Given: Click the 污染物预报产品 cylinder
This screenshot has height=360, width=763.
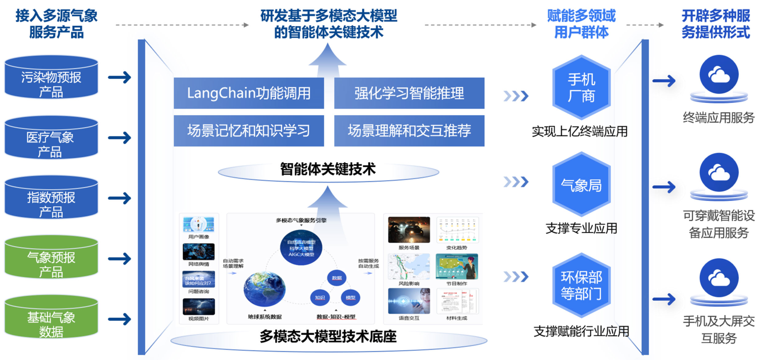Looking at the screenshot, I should pyautogui.click(x=51, y=78).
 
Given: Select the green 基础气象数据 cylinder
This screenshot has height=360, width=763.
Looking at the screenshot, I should pyautogui.click(x=51, y=318).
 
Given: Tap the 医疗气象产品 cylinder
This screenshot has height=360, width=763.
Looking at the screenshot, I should pyautogui.click(x=51, y=138).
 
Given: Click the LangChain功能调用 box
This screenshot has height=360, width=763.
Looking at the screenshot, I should pyautogui.click(x=249, y=93).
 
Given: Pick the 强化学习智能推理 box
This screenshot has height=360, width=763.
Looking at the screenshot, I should pyautogui.click(x=409, y=93).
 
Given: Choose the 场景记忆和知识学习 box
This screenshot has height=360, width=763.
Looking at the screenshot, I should pyautogui.click(x=249, y=131).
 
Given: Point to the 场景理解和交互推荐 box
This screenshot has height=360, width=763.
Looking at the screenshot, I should pyautogui.click(x=409, y=131).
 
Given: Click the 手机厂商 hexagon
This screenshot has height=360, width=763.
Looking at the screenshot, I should pyautogui.click(x=581, y=87).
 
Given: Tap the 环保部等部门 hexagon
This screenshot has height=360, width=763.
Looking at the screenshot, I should pyautogui.click(x=581, y=286).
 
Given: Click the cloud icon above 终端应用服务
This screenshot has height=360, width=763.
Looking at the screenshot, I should pyautogui.click(x=719, y=74).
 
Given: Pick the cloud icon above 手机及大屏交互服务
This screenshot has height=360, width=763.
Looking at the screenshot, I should pyautogui.click(x=719, y=278).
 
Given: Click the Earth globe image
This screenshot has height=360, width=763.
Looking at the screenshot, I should pyautogui.click(x=264, y=289).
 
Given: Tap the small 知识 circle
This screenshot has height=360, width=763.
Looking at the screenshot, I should pyautogui.click(x=320, y=298).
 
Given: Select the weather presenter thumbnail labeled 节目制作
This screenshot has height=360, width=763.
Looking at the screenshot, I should pyautogui.click(x=457, y=266).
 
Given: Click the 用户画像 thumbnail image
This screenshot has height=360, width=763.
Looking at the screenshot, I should pyautogui.click(x=199, y=225).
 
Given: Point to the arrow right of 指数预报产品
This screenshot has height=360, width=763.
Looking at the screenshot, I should pyautogui.click(x=120, y=198).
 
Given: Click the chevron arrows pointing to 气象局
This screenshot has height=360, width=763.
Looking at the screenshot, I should pyautogui.click(x=516, y=182).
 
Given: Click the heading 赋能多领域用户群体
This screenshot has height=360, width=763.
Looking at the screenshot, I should pyautogui.click(x=581, y=24).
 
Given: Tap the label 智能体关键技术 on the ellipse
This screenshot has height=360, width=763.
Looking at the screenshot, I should pyautogui.click(x=328, y=169).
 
